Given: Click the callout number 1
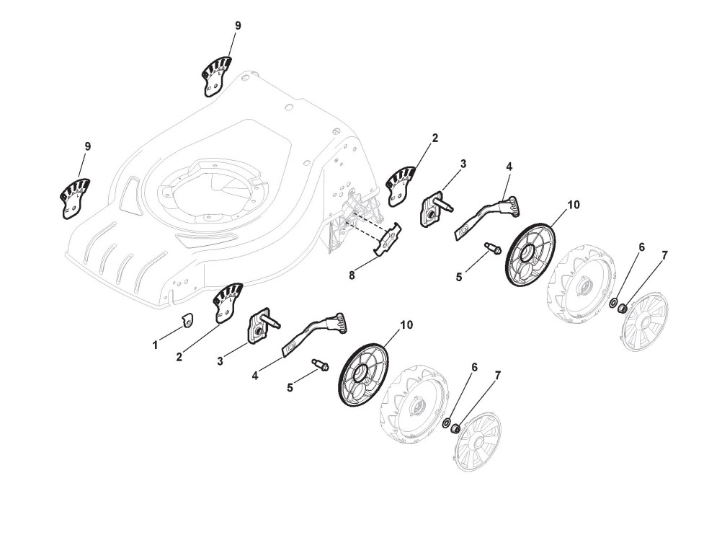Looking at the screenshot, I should tap(155, 345).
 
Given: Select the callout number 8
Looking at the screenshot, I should tap(351, 274).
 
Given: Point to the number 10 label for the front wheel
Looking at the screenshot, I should tap(406, 324).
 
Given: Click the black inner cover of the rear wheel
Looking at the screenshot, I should tap(531, 256).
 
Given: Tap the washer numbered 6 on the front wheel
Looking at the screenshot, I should tap(447, 423).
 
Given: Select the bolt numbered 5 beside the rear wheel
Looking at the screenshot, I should tap(494, 249).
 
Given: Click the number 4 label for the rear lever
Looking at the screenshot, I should tap(509, 166).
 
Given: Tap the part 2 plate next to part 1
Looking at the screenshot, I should tap(227, 302).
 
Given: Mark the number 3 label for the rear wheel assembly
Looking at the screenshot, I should tap(463, 164).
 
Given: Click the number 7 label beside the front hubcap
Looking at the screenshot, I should tap(498, 376).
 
